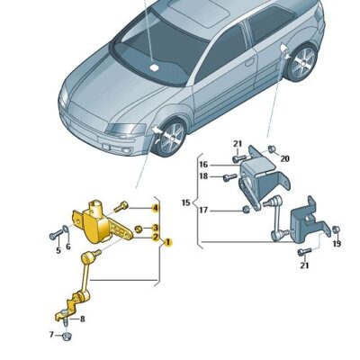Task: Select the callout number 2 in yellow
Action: click(155, 237)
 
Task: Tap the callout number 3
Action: click(155, 228)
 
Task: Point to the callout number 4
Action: click(155, 208)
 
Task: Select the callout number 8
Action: click(83, 319)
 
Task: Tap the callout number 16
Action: click(203, 165)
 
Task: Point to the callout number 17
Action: click(203, 210)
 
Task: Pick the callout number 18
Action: click(203, 176)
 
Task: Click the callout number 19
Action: click(337, 244)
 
